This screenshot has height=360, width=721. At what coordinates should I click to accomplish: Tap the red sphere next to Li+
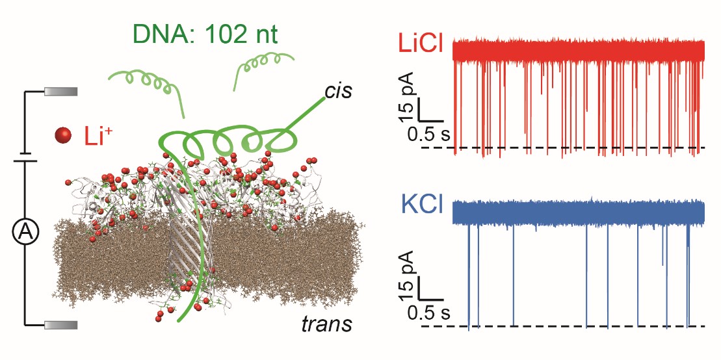64,135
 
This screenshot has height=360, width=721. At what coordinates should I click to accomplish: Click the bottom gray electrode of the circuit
61,324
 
